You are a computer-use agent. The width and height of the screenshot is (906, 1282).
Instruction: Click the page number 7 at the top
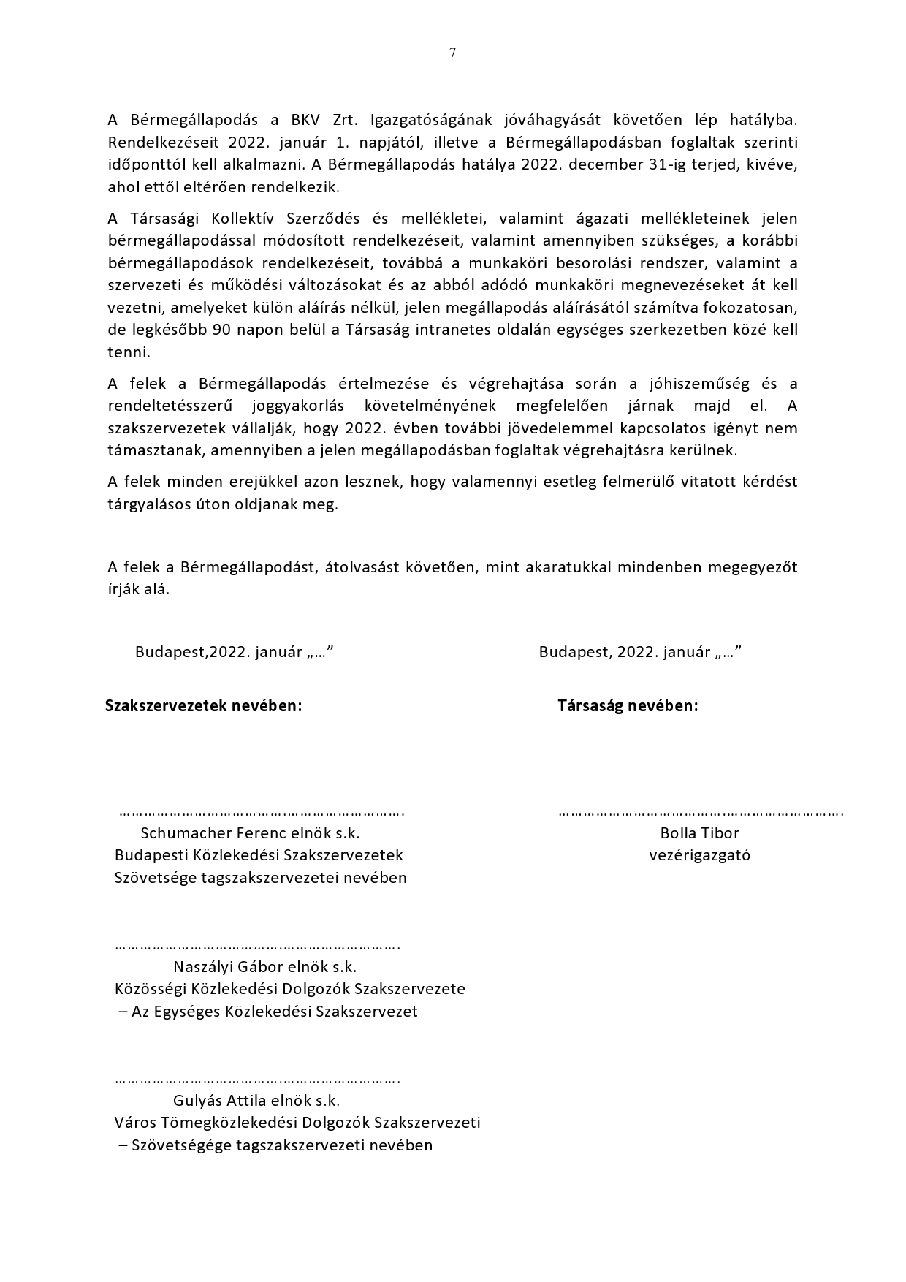tap(453, 52)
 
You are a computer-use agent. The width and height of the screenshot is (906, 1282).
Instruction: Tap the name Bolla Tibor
tap(699, 832)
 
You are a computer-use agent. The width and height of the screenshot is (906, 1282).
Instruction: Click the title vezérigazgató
tap(699, 855)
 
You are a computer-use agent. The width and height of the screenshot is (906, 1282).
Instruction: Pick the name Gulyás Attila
tap(216, 1100)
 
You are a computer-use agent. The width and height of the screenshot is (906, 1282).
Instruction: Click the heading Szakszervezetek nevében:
tap(203, 706)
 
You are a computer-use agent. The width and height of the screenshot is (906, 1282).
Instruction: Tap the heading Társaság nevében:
tap(628, 706)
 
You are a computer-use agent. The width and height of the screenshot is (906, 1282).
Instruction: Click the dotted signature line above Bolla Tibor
tap(701, 812)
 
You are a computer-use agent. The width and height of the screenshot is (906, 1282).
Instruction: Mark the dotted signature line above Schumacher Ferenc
tap(262, 812)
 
